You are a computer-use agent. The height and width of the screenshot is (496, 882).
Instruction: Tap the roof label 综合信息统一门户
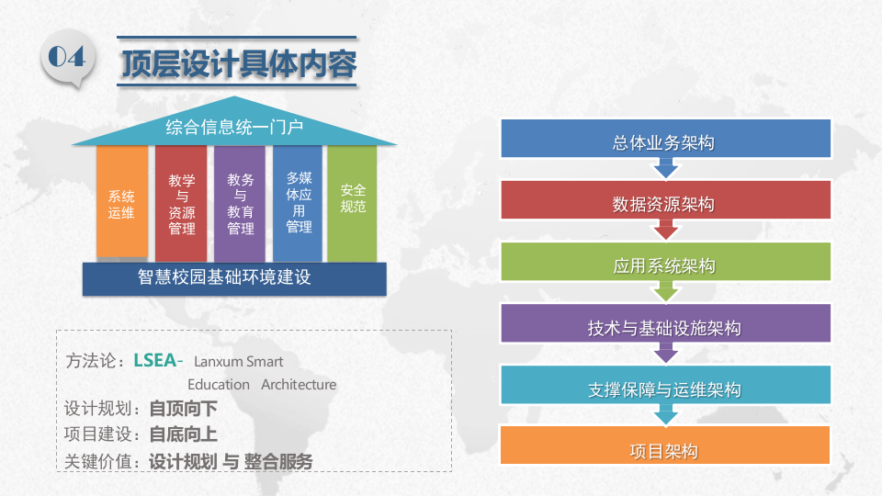click(x=234, y=127)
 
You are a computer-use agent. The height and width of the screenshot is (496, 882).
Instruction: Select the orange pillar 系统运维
click(x=122, y=203)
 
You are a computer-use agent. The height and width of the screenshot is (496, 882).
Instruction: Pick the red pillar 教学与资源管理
click(x=181, y=204)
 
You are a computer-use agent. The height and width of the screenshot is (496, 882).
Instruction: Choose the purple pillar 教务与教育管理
click(x=240, y=204)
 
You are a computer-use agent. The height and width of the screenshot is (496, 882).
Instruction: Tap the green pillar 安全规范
click(x=352, y=200)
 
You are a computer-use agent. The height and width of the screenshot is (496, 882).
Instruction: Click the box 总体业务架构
click(x=665, y=142)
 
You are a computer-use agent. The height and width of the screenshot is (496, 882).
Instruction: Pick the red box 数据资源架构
click(x=665, y=204)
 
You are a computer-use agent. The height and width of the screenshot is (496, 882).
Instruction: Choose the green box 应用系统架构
click(x=665, y=266)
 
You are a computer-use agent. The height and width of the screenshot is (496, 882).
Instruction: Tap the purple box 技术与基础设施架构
click(x=665, y=328)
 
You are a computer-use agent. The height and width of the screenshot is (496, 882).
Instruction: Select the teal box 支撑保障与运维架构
click(x=665, y=389)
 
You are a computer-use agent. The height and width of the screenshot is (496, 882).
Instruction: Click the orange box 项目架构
click(x=665, y=451)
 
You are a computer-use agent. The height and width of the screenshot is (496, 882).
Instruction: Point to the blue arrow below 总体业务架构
click(x=665, y=169)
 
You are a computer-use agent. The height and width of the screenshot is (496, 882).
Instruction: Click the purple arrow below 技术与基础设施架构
click(x=665, y=354)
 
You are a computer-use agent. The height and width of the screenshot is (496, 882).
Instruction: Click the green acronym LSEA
click(x=154, y=359)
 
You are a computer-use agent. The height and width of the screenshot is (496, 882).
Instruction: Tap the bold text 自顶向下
click(x=183, y=409)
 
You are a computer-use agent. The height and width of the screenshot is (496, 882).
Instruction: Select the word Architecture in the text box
click(x=299, y=385)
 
